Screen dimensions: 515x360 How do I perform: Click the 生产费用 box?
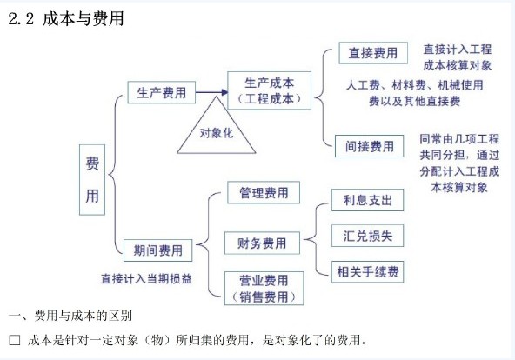(161, 92)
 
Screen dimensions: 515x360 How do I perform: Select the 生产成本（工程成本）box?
(269, 90)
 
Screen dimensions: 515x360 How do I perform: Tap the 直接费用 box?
(373, 53)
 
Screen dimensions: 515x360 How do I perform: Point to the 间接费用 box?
(369, 146)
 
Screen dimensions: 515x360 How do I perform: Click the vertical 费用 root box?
(92, 180)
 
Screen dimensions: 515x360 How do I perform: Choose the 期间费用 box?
(157, 250)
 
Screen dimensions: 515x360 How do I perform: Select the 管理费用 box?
(264, 193)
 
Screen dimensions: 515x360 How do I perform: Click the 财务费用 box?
(262, 243)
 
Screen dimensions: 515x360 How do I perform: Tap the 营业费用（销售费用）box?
(264, 289)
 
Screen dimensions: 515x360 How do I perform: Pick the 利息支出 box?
(367, 200)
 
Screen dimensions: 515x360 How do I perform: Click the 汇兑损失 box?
(367, 236)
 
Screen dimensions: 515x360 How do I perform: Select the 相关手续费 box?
(367, 271)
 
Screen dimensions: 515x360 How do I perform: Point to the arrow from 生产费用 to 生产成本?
(212, 92)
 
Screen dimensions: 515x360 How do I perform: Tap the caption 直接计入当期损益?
(146, 279)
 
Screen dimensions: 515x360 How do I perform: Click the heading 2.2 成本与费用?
(66, 18)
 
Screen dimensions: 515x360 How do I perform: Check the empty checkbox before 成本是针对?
(15, 340)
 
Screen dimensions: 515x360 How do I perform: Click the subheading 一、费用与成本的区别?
(70, 316)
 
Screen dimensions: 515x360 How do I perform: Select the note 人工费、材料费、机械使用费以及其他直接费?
(414, 93)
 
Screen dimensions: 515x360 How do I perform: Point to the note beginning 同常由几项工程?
(459, 163)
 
